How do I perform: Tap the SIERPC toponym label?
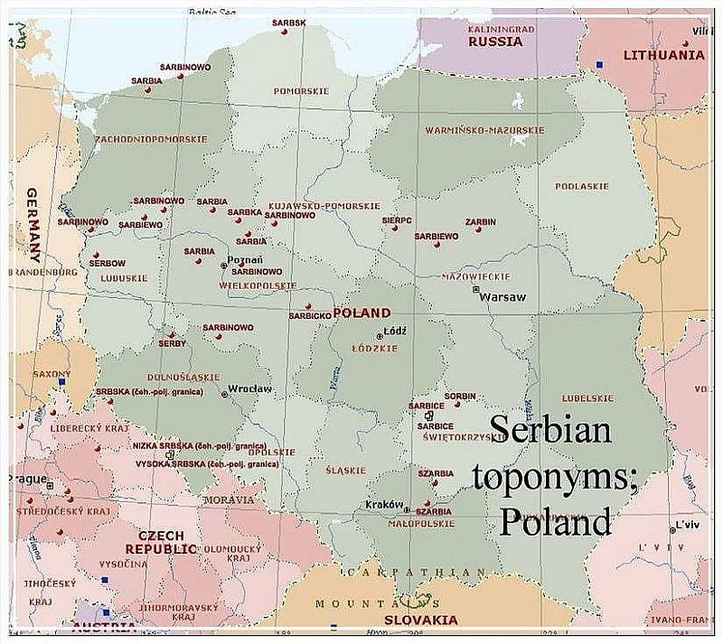pos(397,219)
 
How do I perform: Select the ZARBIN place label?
pos(480,221)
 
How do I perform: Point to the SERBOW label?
pos(108,263)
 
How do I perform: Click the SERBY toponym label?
pos(172,343)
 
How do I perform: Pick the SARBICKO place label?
pos(309,315)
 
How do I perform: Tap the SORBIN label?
pos(460,397)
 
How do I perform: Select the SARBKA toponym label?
pos(244,212)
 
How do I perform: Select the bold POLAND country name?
pos(361,313)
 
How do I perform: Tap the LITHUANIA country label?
pos(663,55)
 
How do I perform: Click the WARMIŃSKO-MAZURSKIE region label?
pos(484,130)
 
